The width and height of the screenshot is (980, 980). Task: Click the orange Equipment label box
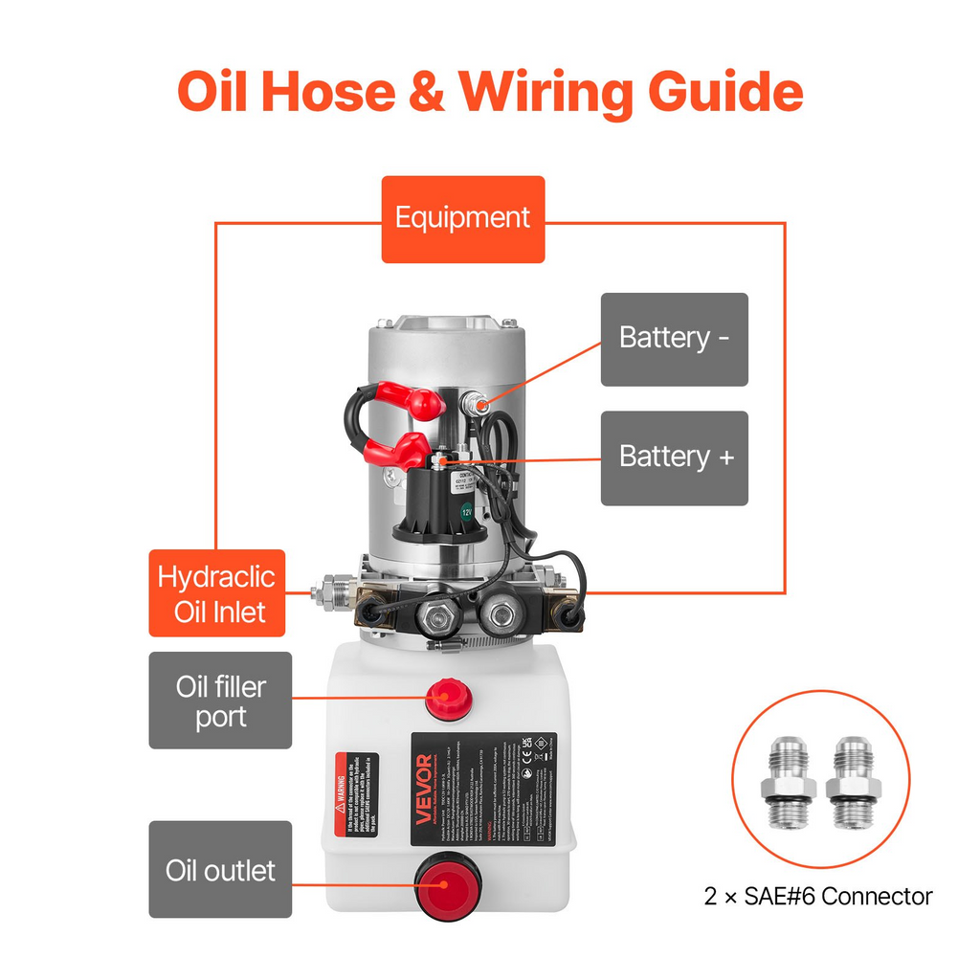tap(462, 218)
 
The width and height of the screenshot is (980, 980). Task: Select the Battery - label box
tap(674, 339)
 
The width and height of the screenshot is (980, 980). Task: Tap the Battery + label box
tap(674, 457)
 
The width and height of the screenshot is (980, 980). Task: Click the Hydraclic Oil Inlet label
tap(217, 593)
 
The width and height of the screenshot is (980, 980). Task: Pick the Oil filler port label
tap(220, 701)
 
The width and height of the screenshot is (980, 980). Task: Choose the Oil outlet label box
tap(220, 869)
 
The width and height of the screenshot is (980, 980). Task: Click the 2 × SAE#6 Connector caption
tap(818, 897)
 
